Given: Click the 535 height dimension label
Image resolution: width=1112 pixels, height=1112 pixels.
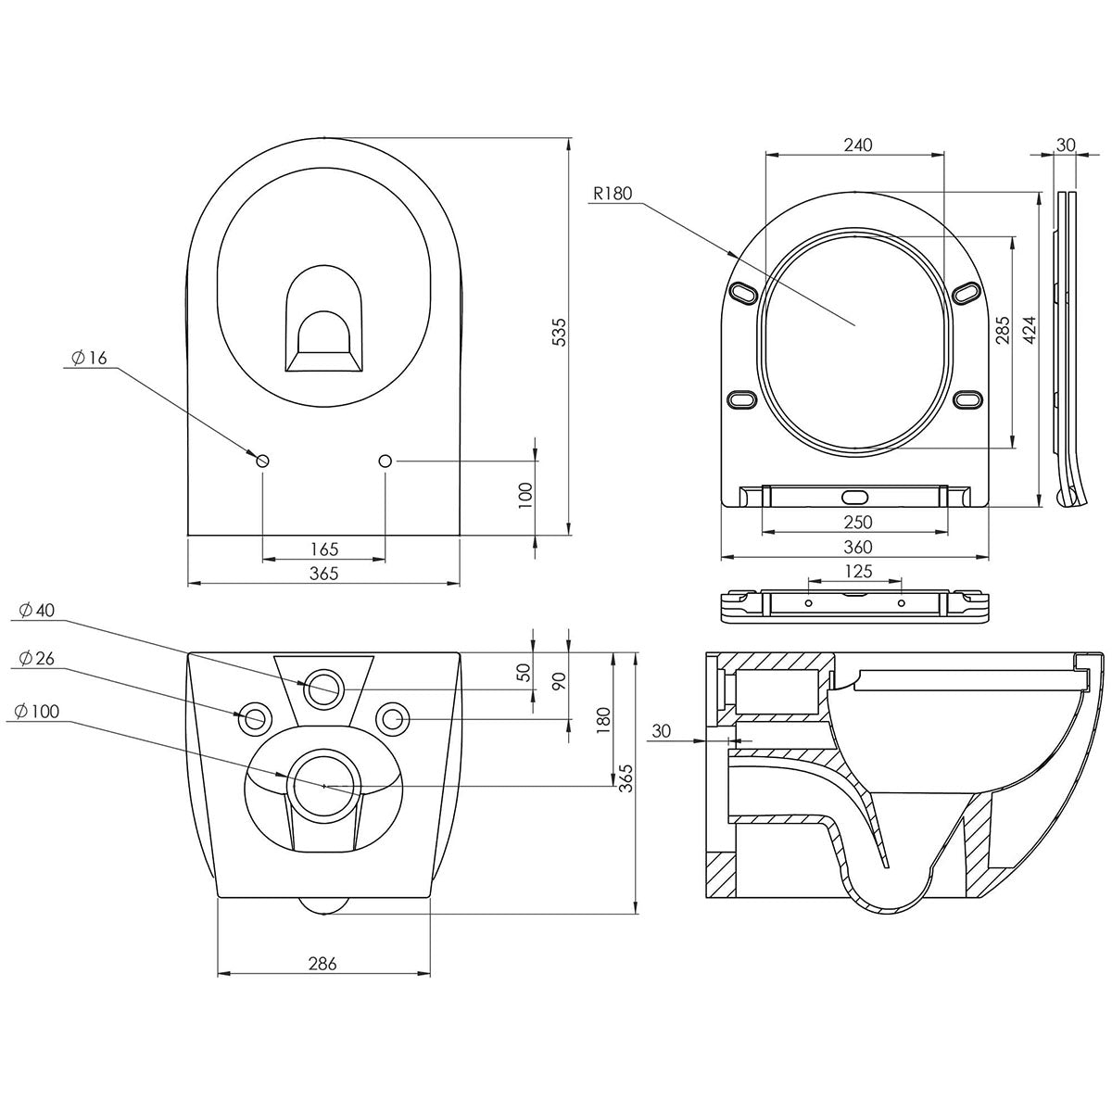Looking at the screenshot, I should pos(559,332).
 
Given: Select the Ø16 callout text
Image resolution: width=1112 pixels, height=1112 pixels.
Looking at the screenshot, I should pos(89,358).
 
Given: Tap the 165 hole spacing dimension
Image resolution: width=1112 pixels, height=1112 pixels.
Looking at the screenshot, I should pos(323,550).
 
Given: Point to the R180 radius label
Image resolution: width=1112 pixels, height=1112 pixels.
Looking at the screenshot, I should pos(612,194).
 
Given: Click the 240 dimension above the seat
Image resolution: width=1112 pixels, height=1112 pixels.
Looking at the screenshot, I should pos(856,145).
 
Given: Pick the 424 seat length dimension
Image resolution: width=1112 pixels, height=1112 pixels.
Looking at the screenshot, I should pos(1029,330).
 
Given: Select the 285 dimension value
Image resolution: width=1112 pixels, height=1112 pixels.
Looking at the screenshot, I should pos(1003,330).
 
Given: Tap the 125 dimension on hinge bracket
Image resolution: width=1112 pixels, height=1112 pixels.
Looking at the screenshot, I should pos(856,573).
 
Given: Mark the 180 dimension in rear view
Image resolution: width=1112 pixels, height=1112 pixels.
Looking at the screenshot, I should pos(603,719).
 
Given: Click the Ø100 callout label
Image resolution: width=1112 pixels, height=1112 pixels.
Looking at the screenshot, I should pos(38,711).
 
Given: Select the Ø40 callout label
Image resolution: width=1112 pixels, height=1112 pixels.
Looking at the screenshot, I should pos(38,610).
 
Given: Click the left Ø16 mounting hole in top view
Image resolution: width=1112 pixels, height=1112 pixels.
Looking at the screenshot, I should pos(262,461).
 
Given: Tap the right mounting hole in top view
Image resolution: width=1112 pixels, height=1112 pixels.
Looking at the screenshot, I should pos(385,461).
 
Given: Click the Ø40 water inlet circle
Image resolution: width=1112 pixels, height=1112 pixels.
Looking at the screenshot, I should pos(322,689).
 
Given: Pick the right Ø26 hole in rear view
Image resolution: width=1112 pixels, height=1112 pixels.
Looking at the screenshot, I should pos(394,717).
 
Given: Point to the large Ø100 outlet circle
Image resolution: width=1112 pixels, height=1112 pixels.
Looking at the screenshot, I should pos(322,785).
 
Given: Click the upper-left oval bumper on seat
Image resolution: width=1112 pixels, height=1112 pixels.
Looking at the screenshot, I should pos(744,292).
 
